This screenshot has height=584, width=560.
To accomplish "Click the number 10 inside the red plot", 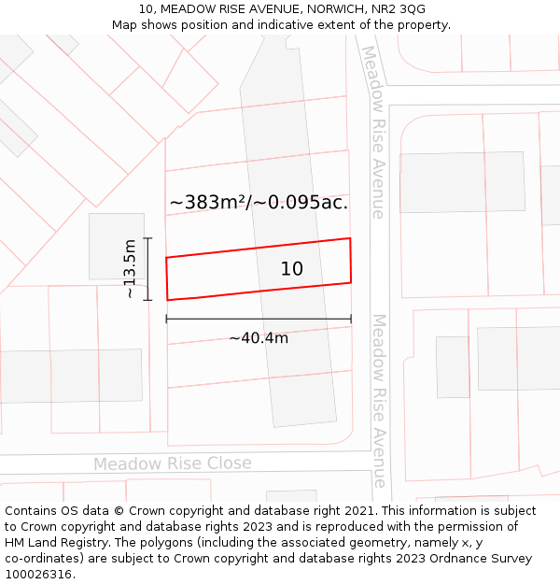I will (x=291, y=269).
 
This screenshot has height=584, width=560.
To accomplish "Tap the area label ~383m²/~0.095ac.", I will (x=259, y=202).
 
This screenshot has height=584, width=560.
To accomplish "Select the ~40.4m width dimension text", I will (x=259, y=338).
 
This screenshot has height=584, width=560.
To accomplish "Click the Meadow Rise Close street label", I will (x=172, y=463).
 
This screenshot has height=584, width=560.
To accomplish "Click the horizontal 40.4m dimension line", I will (x=259, y=319).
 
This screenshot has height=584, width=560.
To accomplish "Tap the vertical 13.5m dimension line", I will (x=147, y=269).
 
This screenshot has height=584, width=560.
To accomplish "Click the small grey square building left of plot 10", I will (x=117, y=247).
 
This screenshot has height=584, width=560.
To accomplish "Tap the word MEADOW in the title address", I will (x=194, y=9).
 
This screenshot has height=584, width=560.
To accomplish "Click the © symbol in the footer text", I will (x=119, y=511).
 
